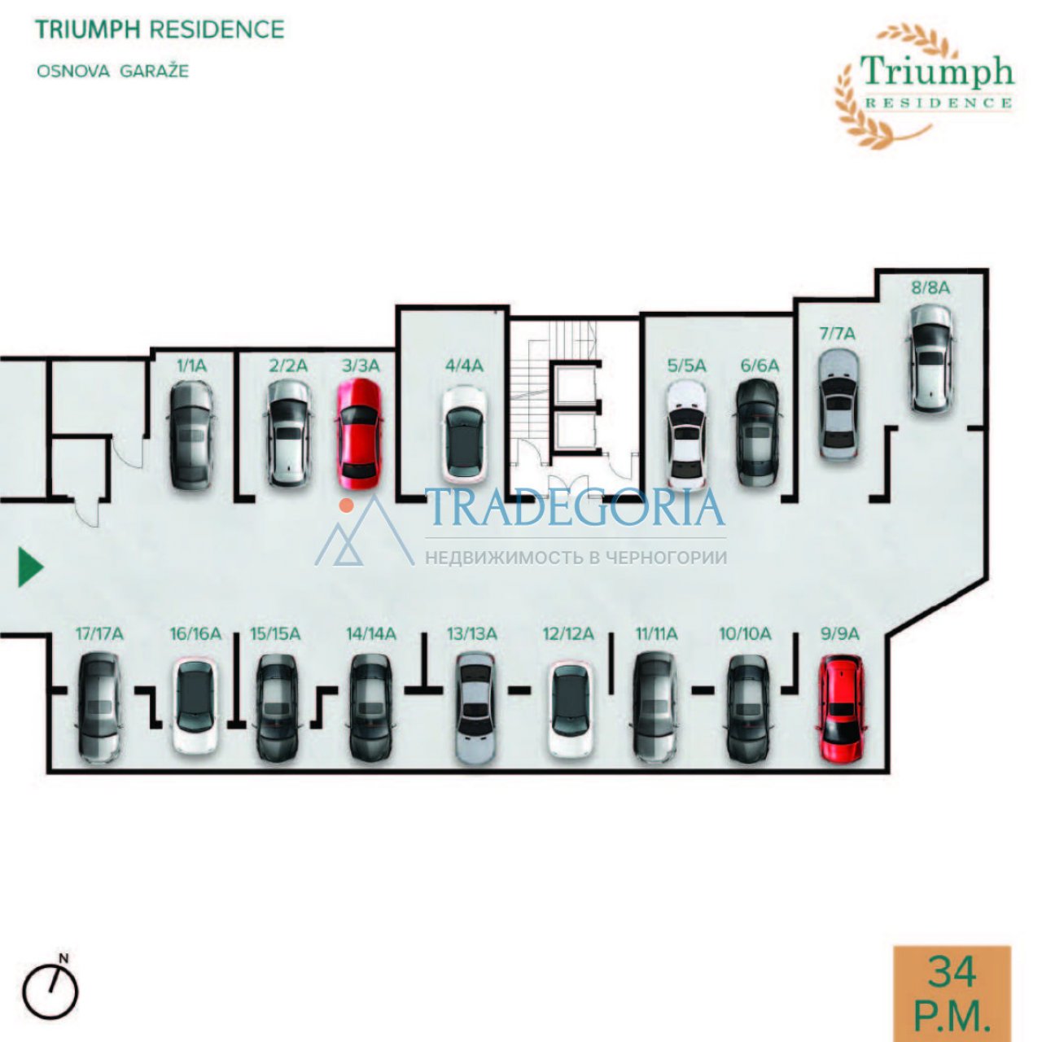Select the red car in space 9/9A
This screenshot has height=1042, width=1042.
(842, 708)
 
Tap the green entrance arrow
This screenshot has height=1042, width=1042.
(31, 567)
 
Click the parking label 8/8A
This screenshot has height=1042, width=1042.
(930, 287)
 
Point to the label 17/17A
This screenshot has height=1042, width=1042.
(99, 633)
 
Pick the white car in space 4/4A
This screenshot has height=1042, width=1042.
(464, 436)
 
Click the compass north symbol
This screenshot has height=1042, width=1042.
(50, 991)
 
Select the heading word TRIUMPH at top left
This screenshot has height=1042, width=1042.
(90, 29)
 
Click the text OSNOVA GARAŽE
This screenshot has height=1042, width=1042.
(113, 72)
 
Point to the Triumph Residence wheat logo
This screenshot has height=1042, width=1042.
(924, 85)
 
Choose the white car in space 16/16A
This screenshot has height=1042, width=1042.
(195, 706)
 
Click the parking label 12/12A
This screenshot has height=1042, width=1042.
(568, 633)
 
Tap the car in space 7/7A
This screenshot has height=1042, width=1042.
(838, 405)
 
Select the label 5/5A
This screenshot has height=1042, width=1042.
(687, 366)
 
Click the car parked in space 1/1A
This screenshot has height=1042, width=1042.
(192, 436)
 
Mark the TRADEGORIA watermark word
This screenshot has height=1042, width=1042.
(576, 507)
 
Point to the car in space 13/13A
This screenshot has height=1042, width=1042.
(475, 708)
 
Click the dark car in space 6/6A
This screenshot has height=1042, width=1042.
(759, 432)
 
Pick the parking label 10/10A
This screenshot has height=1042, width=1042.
(745, 633)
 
